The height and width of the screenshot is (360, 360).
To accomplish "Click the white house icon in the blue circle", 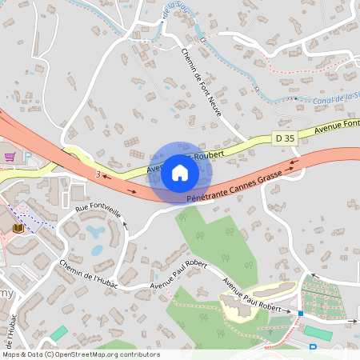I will pyautogui.click(x=180, y=173).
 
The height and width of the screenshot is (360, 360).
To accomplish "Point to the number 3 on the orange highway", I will pyautogui.click(x=97, y=174).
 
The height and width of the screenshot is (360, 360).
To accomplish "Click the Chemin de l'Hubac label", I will pyautogui.click(x=88, y=274).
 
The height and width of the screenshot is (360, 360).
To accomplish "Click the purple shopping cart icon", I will pyautogui.click(x=10, y=157).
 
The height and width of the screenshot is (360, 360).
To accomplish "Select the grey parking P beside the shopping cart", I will pyautogui.click(x=28, y=158).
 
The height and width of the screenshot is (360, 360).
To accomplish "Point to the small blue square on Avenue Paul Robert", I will pyautogui.click(x=301, y=314).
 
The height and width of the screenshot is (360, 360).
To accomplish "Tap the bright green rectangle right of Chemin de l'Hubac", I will pyautogui.click(x=59, y=332).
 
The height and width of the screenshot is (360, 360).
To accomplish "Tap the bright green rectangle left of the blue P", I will pyautogui.click(x=317, y=331).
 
